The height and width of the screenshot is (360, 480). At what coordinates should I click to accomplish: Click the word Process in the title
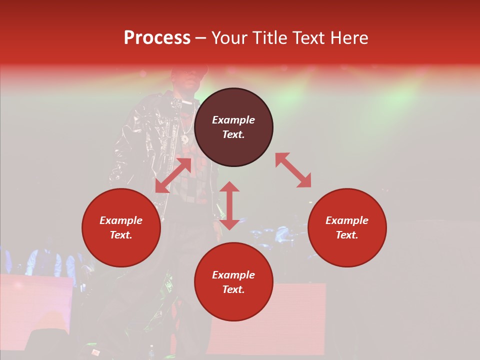click(157, 38)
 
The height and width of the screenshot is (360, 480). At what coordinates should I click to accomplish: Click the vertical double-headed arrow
click(229, 205)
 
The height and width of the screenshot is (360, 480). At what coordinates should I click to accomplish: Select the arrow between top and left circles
click(173, 175)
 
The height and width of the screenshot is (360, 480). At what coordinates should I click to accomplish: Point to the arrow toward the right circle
click(293, 170)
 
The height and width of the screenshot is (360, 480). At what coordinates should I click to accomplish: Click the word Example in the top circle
click(233, 120)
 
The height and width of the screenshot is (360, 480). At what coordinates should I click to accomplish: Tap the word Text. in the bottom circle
click(233, 289)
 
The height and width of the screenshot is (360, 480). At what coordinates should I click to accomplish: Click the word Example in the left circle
click(121, 220)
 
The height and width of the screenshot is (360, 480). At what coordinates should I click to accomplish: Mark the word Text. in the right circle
click(347, 235)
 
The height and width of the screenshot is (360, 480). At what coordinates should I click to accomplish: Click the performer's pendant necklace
click(184, 138)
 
